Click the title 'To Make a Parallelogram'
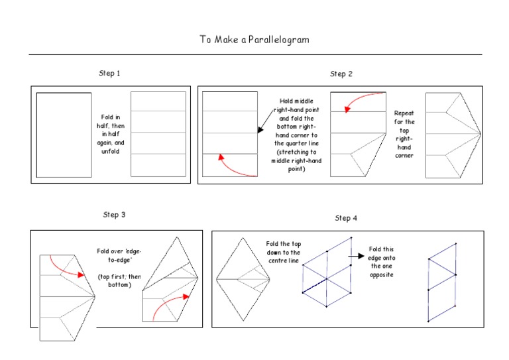(x=254, y=40)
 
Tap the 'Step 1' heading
(x=109, y=73)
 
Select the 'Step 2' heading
(x=341, y=74)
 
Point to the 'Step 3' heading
(x=114, y=215)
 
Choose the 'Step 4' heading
(x=346, y=218)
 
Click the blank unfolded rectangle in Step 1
(x=64, y=135)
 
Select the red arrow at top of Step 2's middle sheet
(x=363, y=101)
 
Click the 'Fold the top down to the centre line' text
(x=283, y=253)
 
